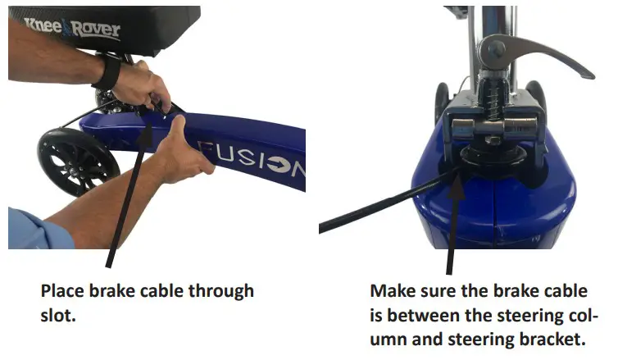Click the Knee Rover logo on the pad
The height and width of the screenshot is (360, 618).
point(72,28)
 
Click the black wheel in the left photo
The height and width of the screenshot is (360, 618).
point(78,162)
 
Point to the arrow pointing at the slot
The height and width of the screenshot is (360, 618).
point(130,194)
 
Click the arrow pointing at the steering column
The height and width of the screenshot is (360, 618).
point(453,223)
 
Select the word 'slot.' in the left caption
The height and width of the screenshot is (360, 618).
point(58,316)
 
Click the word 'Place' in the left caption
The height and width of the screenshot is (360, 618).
point(62,291)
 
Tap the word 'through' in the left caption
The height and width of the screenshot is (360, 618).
point(221,292)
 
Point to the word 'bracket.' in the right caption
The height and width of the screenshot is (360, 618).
point(552,339)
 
